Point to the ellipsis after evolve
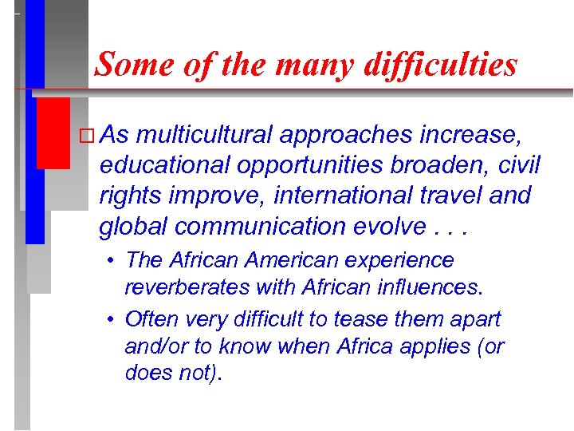[457, 228]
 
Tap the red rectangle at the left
[53, 132]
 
